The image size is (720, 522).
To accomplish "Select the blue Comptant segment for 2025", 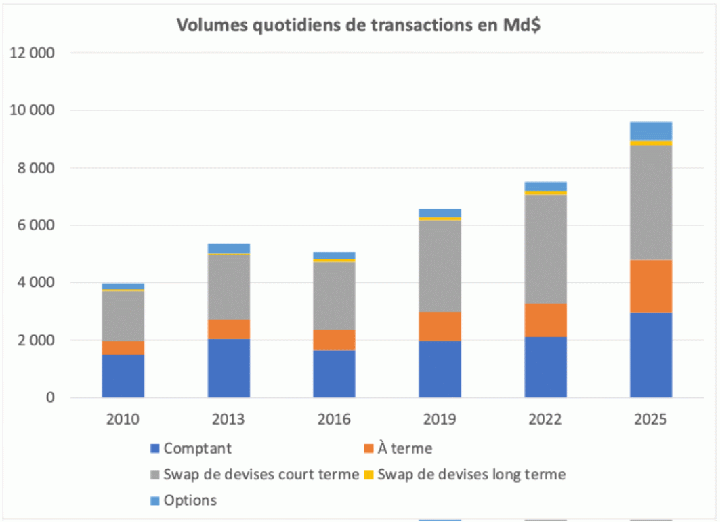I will coord(650,355).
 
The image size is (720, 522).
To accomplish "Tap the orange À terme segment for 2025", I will coord(650,286).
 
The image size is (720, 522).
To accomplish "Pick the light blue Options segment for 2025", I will coord(650,131).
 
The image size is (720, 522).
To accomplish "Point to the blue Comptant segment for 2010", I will coord(123,376).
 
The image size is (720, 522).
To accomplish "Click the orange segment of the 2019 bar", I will coord(440,326).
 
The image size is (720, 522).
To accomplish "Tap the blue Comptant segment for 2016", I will coord(334,374).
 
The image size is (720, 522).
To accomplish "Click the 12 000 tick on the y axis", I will coord(31,53).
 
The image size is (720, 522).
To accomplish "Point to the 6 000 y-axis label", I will coord(31,225).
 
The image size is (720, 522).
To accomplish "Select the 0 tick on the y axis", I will coord(50,398).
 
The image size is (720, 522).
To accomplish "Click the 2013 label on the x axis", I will coord(228,420).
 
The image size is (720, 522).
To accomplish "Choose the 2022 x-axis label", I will coord(545,420).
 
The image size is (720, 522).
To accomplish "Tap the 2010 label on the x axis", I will coord(123,420).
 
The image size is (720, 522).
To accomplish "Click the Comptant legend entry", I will coord(197,448).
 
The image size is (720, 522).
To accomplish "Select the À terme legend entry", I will coord(404,448).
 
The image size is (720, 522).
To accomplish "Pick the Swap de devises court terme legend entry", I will coord(261,475).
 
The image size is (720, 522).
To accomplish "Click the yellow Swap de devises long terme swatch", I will coord(369,475).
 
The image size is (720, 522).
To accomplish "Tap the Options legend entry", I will coord(190,501).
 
